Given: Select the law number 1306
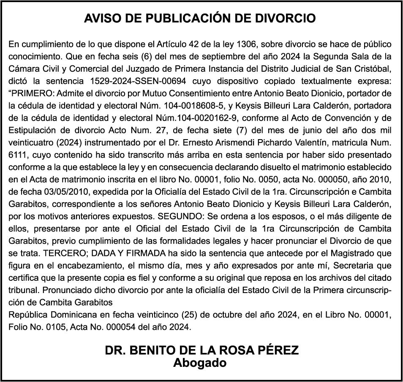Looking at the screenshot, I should pyautogui.click(x=249, y=44).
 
